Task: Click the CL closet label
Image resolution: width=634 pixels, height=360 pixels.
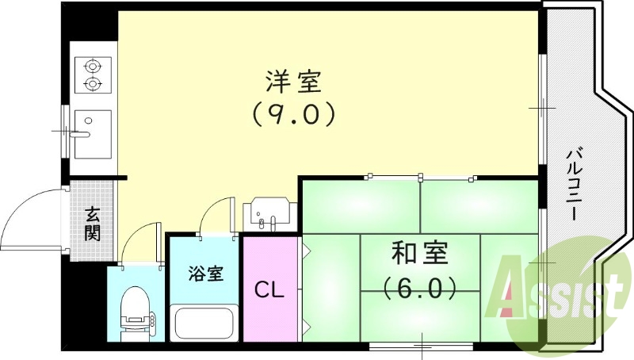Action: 269,289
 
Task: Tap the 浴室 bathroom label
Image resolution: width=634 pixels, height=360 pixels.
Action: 205,274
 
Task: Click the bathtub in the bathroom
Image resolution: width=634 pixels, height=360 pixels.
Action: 204,324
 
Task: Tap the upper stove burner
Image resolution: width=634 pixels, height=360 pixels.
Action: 93,66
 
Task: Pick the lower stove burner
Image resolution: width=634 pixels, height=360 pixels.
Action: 93,84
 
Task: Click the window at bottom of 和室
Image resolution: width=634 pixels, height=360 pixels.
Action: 422,344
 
